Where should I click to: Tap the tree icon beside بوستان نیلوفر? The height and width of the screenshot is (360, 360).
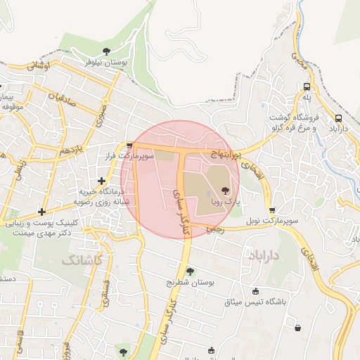[x=106, y=51]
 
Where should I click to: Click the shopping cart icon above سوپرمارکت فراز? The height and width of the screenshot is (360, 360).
[x=129, y=145]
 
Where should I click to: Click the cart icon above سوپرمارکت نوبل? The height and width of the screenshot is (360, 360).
[x=272, y=210]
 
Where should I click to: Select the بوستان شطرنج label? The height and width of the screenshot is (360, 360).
[x=188, y=282]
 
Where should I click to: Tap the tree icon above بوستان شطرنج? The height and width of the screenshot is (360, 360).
[x=190, y=271]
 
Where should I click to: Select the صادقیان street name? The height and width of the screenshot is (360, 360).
[x=63, y=98]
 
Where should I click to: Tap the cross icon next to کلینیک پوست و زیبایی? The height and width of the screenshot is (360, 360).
[x=42, y=212]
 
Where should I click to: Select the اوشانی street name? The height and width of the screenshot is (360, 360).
[x=39, y=65]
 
